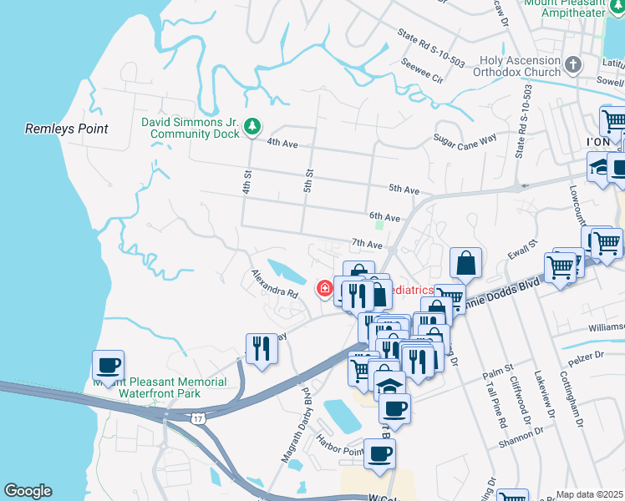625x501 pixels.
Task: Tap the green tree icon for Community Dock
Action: click(252, 127)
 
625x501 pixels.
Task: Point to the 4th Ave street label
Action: click(282, 143)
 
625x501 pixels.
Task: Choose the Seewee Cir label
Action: click(422, 72)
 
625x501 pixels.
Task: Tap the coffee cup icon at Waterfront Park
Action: click(109, 365)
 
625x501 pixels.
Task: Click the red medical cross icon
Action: click(323, 289)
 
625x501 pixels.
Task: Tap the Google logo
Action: click(28, 491)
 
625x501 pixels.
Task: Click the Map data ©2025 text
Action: click(589, 494)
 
